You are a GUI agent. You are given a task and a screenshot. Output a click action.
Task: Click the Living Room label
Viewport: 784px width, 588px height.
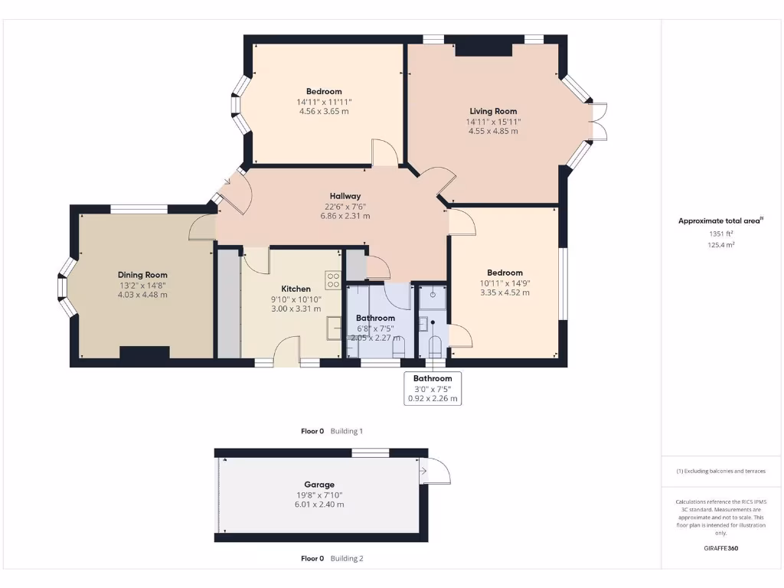(493, 111)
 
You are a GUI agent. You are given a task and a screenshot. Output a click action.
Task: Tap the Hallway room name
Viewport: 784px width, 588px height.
(345, 196)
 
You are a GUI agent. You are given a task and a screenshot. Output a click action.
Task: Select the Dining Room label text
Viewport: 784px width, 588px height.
(142, 275)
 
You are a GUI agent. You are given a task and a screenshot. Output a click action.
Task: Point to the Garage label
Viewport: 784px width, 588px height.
(319, 485)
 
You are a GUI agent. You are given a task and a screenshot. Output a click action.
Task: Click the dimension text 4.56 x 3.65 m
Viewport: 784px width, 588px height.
(324, 112)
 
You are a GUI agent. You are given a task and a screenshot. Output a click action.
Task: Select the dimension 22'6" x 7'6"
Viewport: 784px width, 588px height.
(345, 206)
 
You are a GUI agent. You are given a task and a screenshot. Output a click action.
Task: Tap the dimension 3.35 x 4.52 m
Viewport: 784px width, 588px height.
(505, 292)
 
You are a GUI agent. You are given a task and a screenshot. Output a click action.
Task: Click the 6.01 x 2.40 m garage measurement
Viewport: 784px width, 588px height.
(319, 505)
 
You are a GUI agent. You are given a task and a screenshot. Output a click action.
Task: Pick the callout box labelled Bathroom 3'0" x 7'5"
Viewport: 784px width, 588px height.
(433, 388)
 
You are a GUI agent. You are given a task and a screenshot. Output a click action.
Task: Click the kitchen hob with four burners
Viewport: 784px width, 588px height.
(334, 280)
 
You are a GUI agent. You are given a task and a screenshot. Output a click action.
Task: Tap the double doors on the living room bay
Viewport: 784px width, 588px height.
(599, 121)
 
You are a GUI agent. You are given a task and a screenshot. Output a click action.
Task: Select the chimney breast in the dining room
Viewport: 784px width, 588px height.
(144, 352)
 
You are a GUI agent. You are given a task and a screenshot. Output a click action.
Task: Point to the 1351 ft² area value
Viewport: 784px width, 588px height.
(720, 234)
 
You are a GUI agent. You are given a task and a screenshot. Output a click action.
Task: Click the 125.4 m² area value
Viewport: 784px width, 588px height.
(720, 245)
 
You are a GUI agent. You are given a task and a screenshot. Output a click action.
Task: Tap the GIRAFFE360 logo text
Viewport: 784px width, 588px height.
(720, 548)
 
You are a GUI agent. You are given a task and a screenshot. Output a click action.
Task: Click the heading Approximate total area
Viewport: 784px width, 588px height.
(720, 220)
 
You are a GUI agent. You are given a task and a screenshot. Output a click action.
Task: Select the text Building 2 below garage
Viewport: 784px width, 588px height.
(347, 559)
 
